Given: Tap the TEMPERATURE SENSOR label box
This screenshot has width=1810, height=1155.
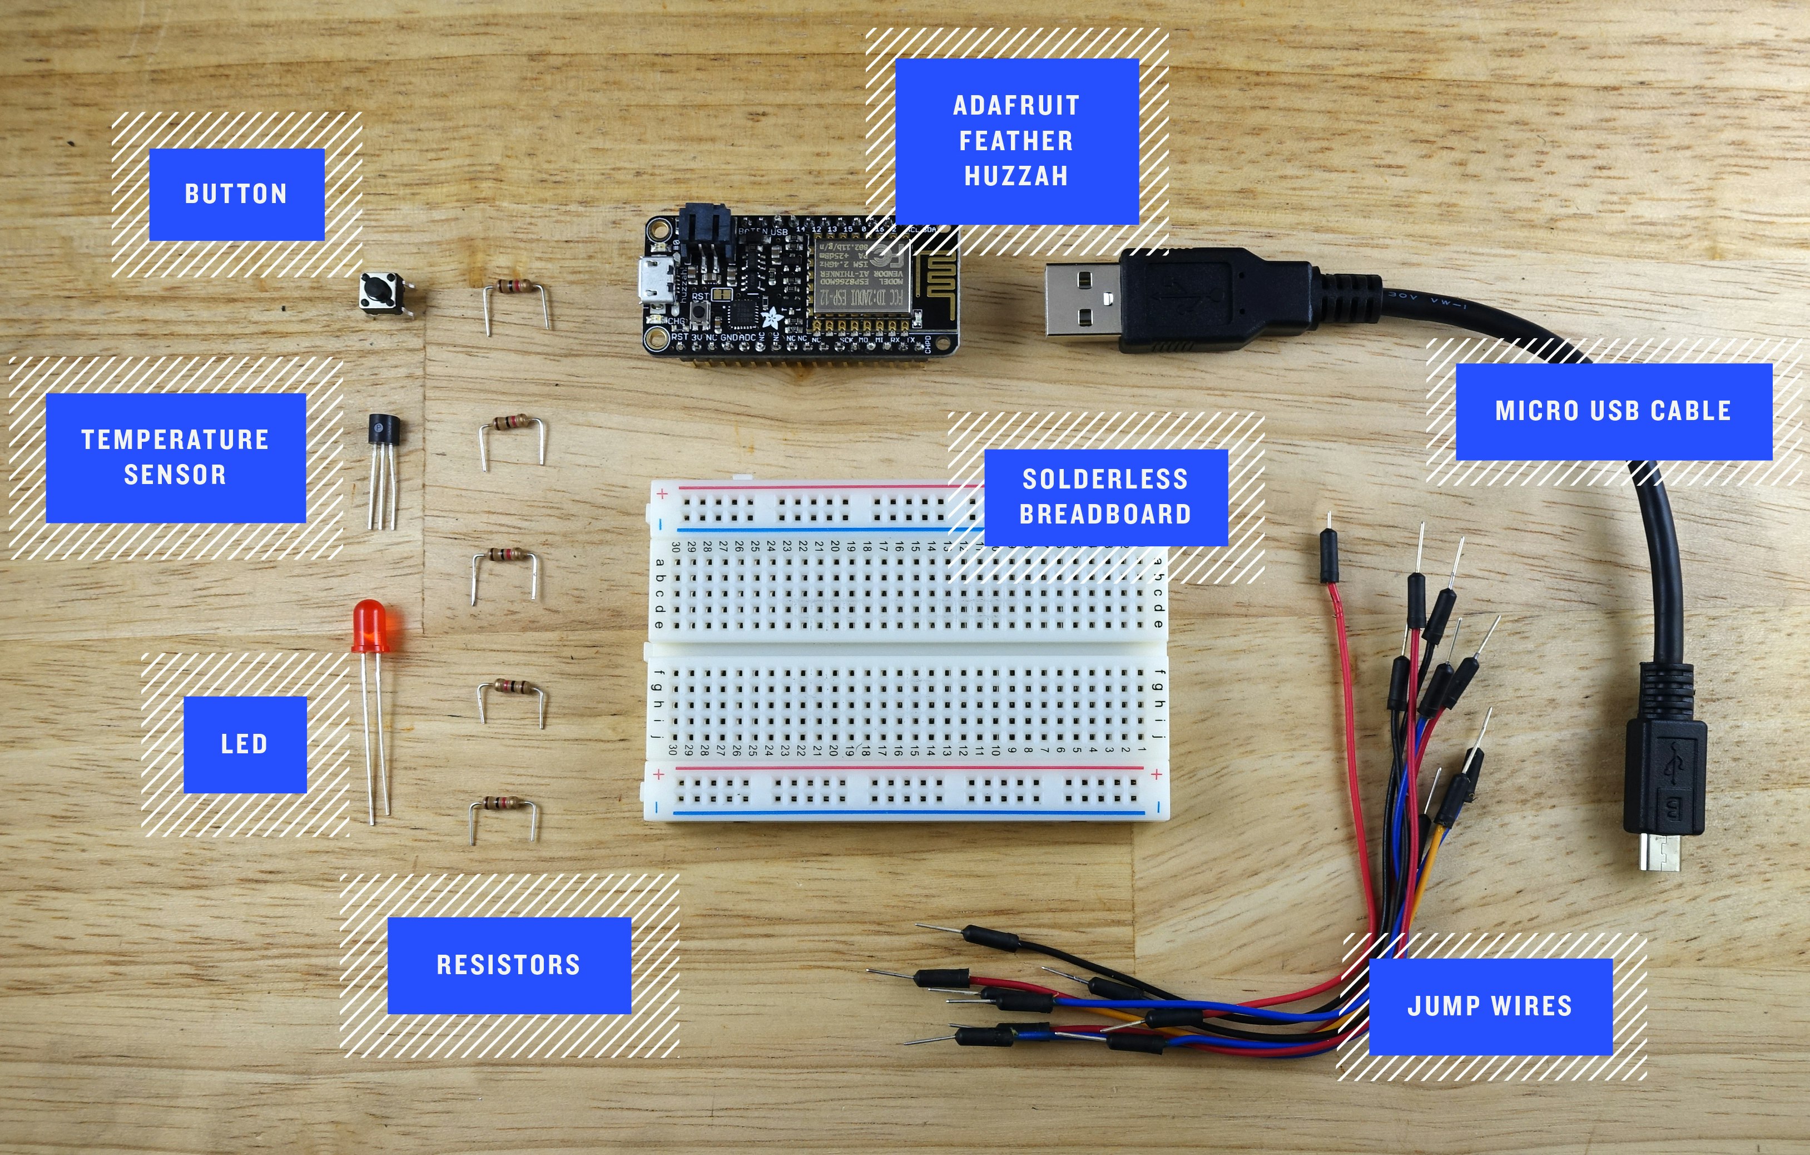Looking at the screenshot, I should coord(175,457).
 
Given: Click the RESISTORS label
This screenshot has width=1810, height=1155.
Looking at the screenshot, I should coord(509,965).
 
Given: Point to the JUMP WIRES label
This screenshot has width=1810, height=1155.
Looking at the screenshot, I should coord(1490,1006).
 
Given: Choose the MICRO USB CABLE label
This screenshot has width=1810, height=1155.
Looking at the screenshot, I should coord(1613,411).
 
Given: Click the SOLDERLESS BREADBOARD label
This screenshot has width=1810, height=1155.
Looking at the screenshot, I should coord(1105,497).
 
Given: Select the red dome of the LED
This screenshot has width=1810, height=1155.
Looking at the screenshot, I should coord(370,624).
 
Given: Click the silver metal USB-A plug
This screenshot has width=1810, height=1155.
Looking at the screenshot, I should coord(1083,301).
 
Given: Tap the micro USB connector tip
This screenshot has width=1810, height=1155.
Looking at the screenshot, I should coord(1660,853).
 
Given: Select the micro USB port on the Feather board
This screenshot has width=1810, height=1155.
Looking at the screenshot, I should coord(654,282).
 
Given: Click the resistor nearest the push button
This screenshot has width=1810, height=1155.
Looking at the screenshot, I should coord(517,287).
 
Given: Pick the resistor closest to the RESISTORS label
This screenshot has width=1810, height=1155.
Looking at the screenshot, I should coord(504,804).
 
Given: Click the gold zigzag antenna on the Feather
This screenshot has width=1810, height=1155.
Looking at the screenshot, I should coord(936,282).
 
